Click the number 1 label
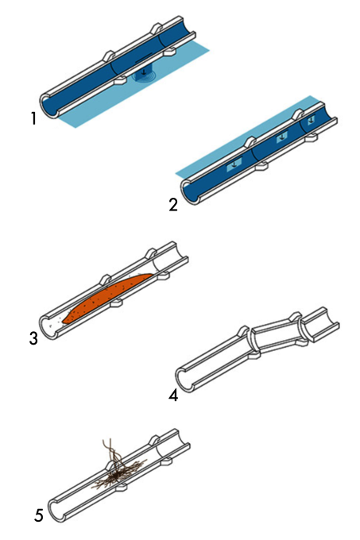point(33,119)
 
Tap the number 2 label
point(173,205)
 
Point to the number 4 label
point(173,395)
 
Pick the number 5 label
point(39,515)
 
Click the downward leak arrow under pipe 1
point(143,71)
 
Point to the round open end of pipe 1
point(48,106)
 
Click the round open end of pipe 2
point(190,192)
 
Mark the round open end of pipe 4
point(184,380)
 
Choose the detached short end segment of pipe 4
point(320,324)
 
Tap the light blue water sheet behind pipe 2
point(241,137)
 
